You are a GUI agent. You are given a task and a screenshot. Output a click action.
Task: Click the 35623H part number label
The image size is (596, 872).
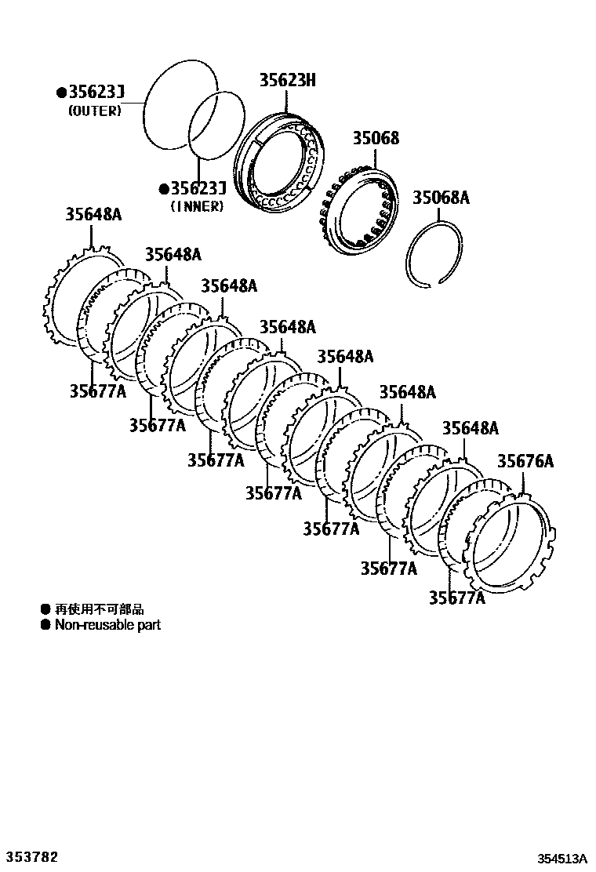tap(287, 80)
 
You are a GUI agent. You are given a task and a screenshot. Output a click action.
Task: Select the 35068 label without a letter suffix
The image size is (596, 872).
tap(374, 139)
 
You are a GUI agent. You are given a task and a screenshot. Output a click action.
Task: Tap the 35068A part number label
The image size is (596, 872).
tap(441, 198)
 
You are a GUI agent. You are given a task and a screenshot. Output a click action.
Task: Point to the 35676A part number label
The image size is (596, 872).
tap(525, 462)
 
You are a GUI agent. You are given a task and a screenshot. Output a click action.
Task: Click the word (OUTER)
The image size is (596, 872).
tap(95, 111)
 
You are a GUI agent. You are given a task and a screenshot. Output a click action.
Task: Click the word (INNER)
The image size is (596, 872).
tap(197, 206)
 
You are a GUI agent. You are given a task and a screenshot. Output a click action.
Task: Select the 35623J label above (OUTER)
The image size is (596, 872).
tap(96, 94)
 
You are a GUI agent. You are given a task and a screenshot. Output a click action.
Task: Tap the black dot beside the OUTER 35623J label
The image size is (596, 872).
tap(61, 94)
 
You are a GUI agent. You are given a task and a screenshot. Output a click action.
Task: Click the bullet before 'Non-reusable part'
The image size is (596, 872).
tap(45, 625)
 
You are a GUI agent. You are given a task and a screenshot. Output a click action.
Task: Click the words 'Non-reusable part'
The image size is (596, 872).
tap(107, 625)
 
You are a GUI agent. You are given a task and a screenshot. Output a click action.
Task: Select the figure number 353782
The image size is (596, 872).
tap(32, 856)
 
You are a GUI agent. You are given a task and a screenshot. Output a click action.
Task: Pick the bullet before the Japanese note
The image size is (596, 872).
tap(45, 609)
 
